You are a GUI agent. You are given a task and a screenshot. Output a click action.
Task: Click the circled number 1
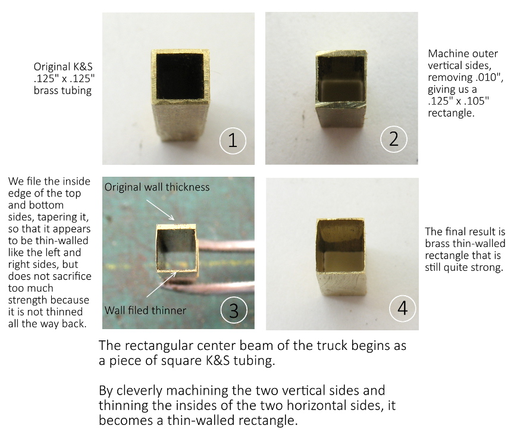233,140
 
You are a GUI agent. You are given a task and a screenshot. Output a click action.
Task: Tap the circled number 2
394,139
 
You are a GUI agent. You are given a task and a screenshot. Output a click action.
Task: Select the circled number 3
234,310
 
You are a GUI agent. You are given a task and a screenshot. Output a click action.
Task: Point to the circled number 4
403,308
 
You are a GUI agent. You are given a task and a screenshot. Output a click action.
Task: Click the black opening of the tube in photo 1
180,76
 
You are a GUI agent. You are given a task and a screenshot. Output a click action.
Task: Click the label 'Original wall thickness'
157,187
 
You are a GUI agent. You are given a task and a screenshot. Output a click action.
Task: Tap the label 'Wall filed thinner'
145,310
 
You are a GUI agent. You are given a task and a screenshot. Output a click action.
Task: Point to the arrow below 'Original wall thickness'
160,210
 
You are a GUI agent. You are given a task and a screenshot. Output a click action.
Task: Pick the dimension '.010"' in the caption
489,77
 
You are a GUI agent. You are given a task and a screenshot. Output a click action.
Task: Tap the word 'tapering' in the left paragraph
74,217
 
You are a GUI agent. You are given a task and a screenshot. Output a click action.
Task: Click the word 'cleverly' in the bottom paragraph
139,391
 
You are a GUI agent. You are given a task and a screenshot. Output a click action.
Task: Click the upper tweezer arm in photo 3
226,245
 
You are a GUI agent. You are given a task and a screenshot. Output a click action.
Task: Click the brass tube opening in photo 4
341,246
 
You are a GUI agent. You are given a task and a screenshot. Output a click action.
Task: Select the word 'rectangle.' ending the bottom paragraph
268,421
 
